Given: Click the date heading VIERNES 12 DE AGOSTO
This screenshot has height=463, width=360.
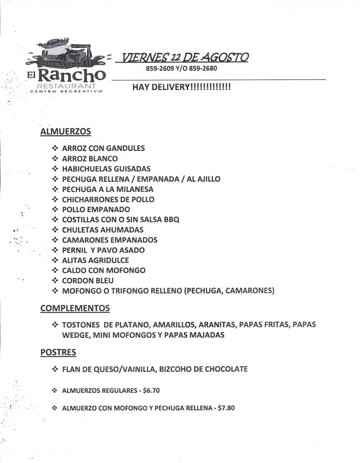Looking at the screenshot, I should [185, 57].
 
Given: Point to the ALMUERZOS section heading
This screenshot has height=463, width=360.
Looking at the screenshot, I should [66, 131].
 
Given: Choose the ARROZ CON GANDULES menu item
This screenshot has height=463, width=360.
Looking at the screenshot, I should [103, 148].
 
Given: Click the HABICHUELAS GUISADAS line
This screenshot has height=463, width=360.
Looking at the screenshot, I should [106, 169].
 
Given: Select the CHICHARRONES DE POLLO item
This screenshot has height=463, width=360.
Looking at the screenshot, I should [108, 199].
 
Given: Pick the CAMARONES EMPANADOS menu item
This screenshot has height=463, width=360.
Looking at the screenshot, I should [109, 240].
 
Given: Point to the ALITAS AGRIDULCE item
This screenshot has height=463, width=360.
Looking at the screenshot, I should [95, 260].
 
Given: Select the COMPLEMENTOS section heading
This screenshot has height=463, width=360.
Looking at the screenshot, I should [75, 308].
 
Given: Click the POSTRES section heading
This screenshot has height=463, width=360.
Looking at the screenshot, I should [58, 353].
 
